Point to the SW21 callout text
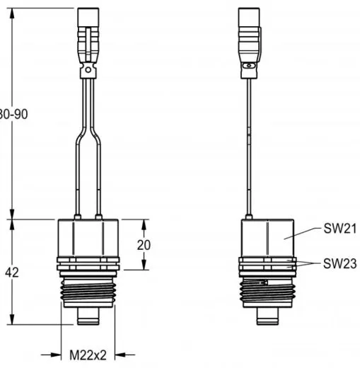(340, 229)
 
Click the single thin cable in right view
(248, 142)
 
